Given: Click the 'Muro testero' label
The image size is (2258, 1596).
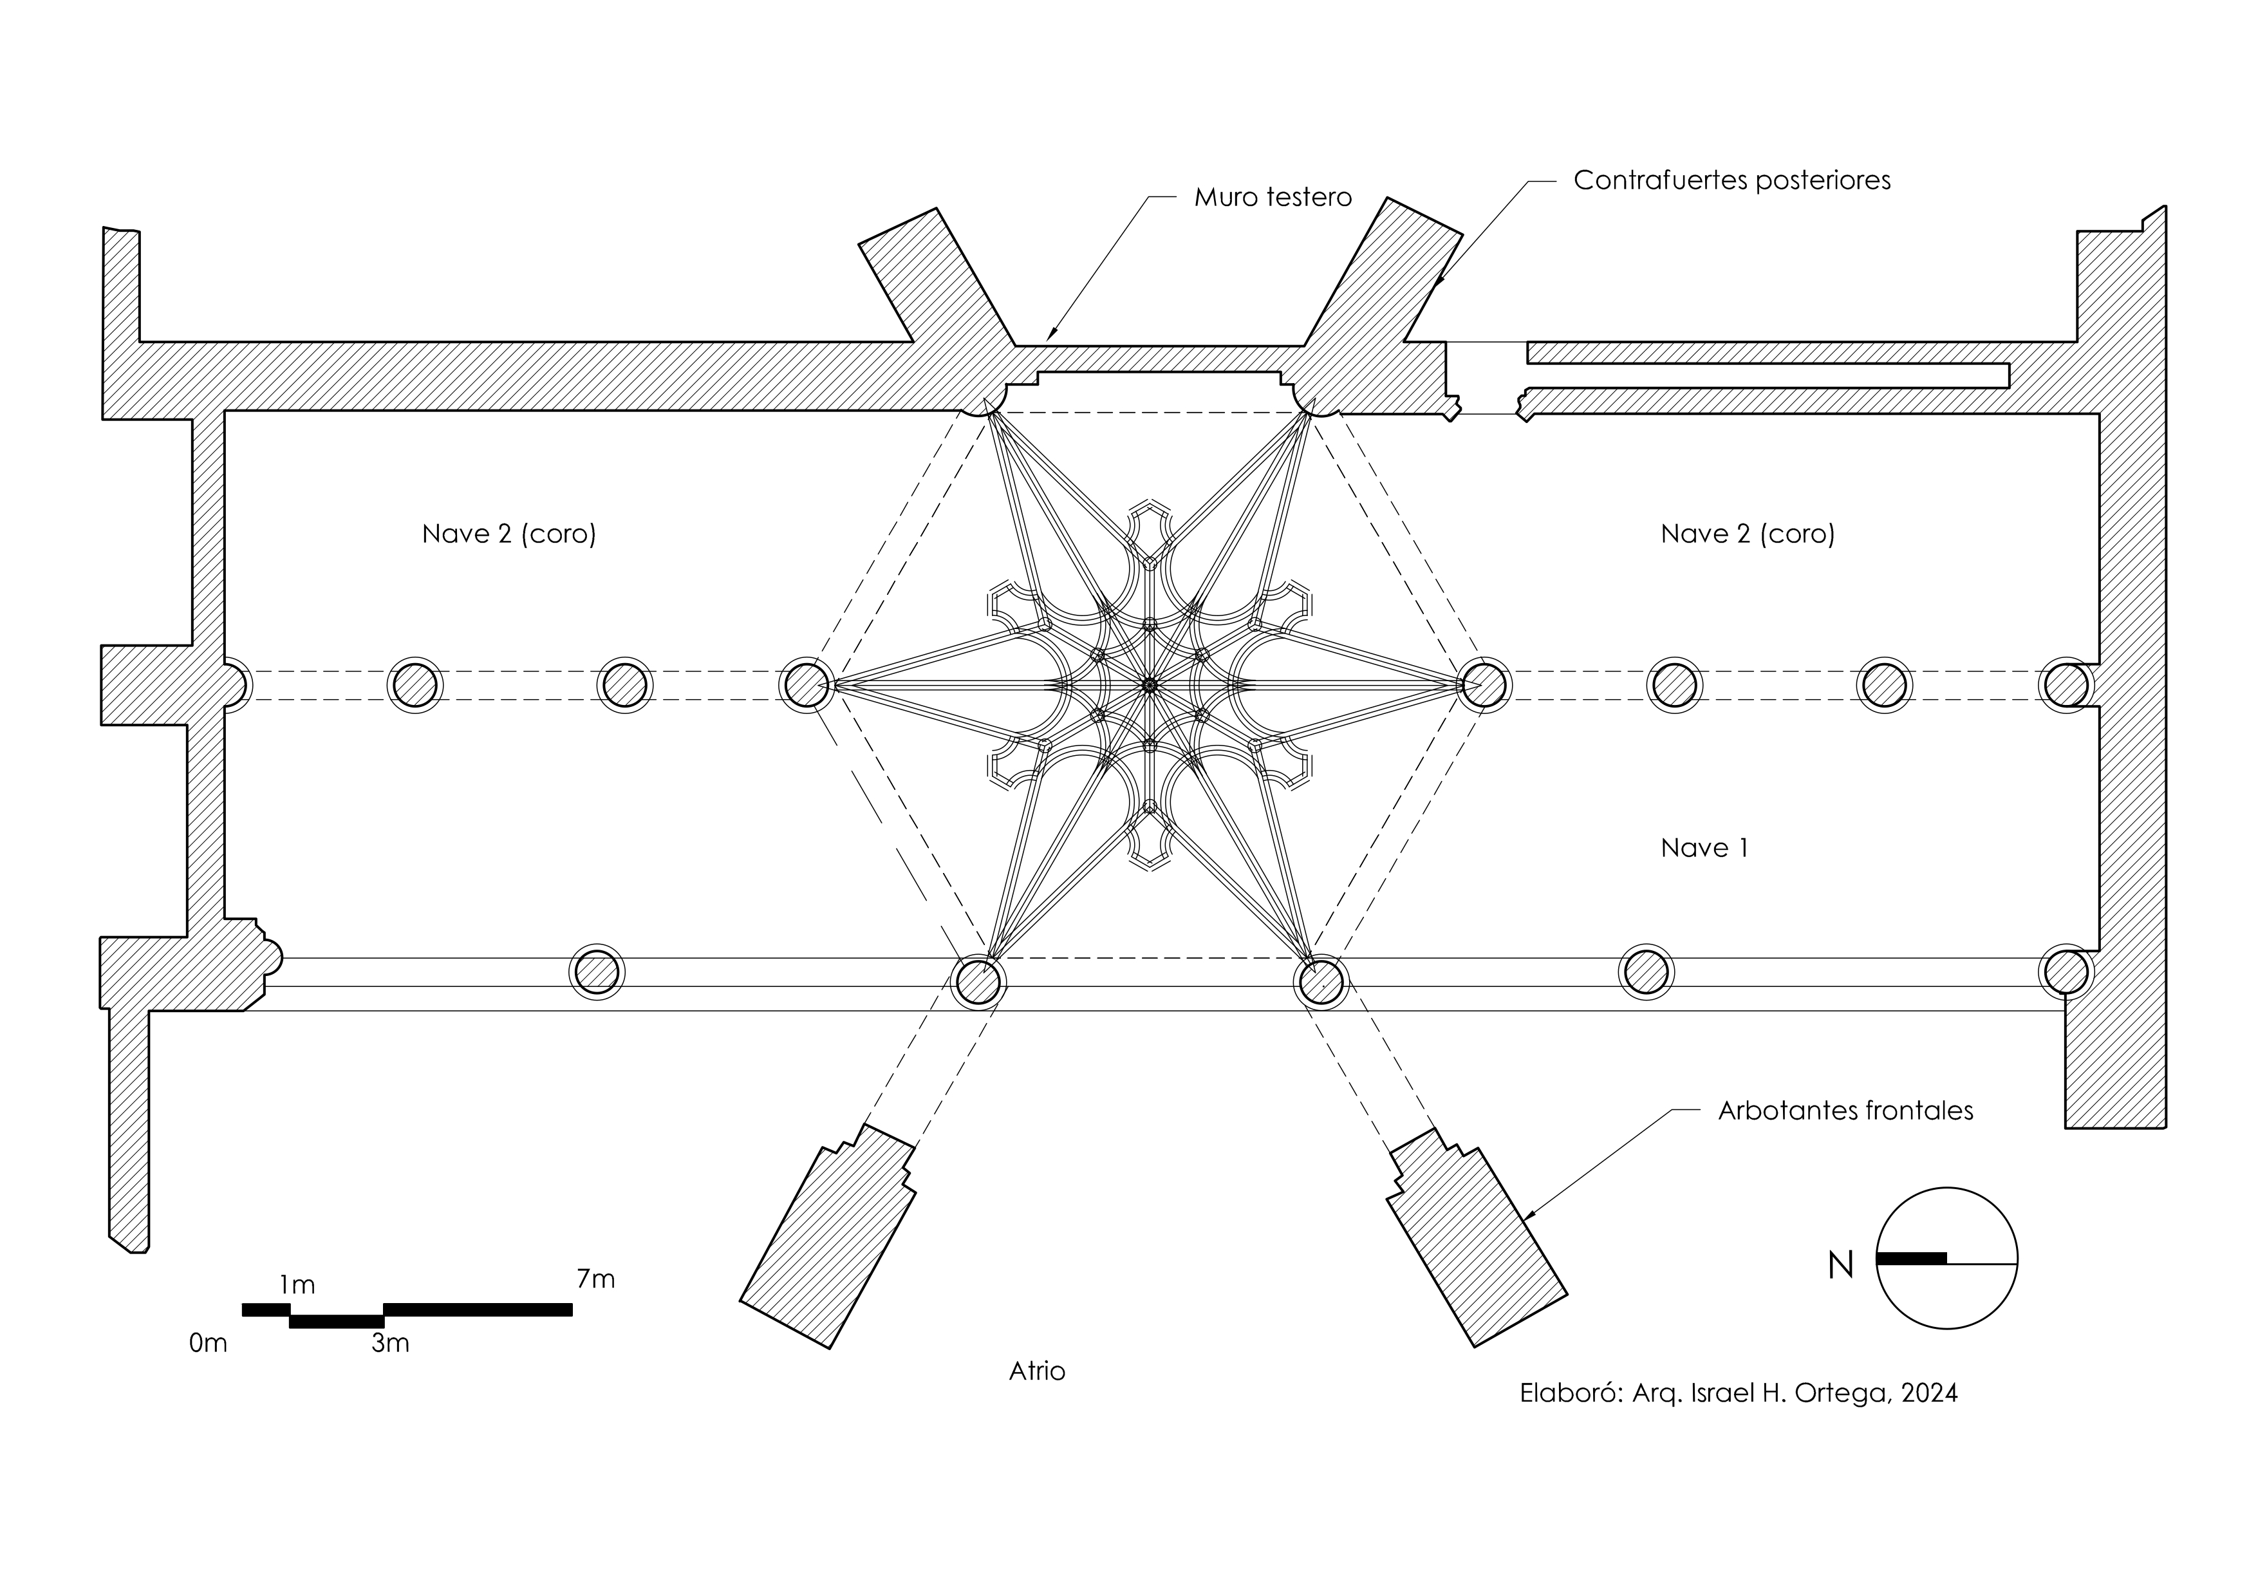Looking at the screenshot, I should [1272, 198].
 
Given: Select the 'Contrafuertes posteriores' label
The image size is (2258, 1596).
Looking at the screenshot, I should [1731, 181].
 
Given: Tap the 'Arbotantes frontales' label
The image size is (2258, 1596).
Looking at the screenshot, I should [1845, 1111].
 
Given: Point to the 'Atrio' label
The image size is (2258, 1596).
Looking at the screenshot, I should [1036, 1371].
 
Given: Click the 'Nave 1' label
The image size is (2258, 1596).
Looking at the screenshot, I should [1704, 848].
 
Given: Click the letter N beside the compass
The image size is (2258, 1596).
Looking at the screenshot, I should [1840, 1266].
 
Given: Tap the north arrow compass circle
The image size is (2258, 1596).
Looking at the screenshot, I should [1946, 1259].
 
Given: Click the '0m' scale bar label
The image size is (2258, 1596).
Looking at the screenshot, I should [207, 1343].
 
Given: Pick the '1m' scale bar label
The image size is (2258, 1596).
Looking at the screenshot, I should [296, 1285].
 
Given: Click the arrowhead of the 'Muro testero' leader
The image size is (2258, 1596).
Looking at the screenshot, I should [1049, 338].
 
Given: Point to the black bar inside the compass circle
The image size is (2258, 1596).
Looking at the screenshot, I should [1911, 1258].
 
